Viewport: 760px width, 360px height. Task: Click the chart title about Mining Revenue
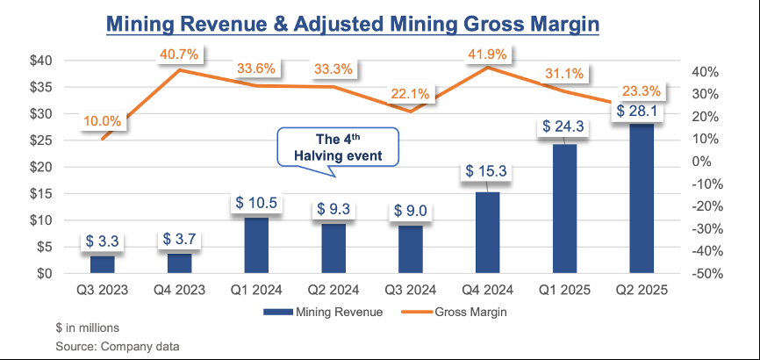point(352,23)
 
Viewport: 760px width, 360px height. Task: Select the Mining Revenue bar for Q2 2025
point(642,198)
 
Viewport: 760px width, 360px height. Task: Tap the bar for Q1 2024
point(255,245)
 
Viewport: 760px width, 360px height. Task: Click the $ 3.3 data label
point(103,241)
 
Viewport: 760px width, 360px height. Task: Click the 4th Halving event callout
point(338,147)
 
